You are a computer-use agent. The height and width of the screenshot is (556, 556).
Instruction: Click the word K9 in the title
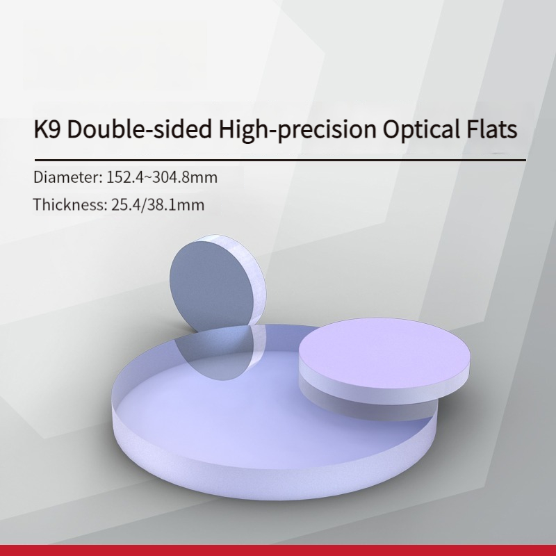click(x=47, y=129)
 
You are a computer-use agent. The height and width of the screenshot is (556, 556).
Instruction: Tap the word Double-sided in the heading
click(x=139, y=129)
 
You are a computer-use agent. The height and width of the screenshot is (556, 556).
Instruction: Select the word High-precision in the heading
click(x=297, y=130)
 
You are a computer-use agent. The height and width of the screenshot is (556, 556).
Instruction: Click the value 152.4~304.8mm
click(x=162, y=177)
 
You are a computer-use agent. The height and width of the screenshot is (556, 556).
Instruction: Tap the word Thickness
click(x=70, y=204)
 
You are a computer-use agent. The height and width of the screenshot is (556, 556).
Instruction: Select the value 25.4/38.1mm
click(x=158, y=204)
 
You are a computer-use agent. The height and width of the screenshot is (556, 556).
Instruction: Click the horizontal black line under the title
click(x=280, y=161)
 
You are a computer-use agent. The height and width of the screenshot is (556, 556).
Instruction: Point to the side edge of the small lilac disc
click(x=385, y=390)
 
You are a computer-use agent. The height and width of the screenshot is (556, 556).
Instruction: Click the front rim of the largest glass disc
click(x=273, y=468)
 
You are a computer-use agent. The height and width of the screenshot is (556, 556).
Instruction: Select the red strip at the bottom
click(x=278, y=550)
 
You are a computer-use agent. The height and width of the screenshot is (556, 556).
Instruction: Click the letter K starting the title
click(x=41, y=129)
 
